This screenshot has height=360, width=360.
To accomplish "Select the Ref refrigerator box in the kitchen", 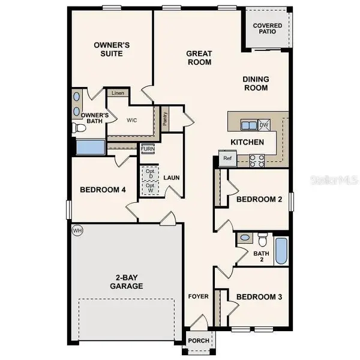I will tap(227, 159).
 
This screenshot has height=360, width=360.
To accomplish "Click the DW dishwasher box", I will tap(264, 125).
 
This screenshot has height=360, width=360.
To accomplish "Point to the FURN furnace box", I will tap(148, 149).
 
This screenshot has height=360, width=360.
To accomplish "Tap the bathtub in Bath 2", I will tap(281, 251).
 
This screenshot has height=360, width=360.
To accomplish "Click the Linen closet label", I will tap(118, 94).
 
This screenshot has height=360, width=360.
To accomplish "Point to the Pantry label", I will tap(165, 118).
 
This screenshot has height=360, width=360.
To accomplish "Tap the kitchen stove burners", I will tap(257, 160).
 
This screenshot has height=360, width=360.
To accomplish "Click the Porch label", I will tap(199, 341).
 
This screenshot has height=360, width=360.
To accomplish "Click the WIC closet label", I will tap(133, 119).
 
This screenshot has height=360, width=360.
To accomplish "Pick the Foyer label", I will tap(198, 296).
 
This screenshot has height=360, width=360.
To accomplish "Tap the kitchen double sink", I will tap(248, 125).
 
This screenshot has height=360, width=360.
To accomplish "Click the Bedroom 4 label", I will tap(103, 190).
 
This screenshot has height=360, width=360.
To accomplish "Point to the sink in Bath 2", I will tap(244, 238).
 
